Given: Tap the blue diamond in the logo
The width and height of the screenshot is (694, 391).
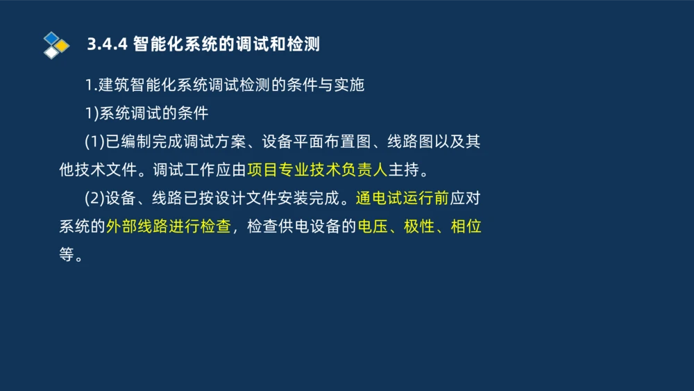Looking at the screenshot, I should (51, 38).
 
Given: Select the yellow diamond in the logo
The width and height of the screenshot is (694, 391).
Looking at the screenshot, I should (62, 46).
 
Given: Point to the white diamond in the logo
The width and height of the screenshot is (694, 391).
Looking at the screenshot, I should (51, 52).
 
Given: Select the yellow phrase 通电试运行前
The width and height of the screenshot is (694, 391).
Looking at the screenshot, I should (402, 198).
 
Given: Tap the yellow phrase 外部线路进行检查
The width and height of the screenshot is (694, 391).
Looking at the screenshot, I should (168, 226).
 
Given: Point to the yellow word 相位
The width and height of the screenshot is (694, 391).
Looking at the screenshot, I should (466, 226).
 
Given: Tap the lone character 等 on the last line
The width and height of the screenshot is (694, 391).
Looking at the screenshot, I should (67, 254).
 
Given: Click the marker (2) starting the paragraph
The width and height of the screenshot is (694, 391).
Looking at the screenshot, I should (94, 198).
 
